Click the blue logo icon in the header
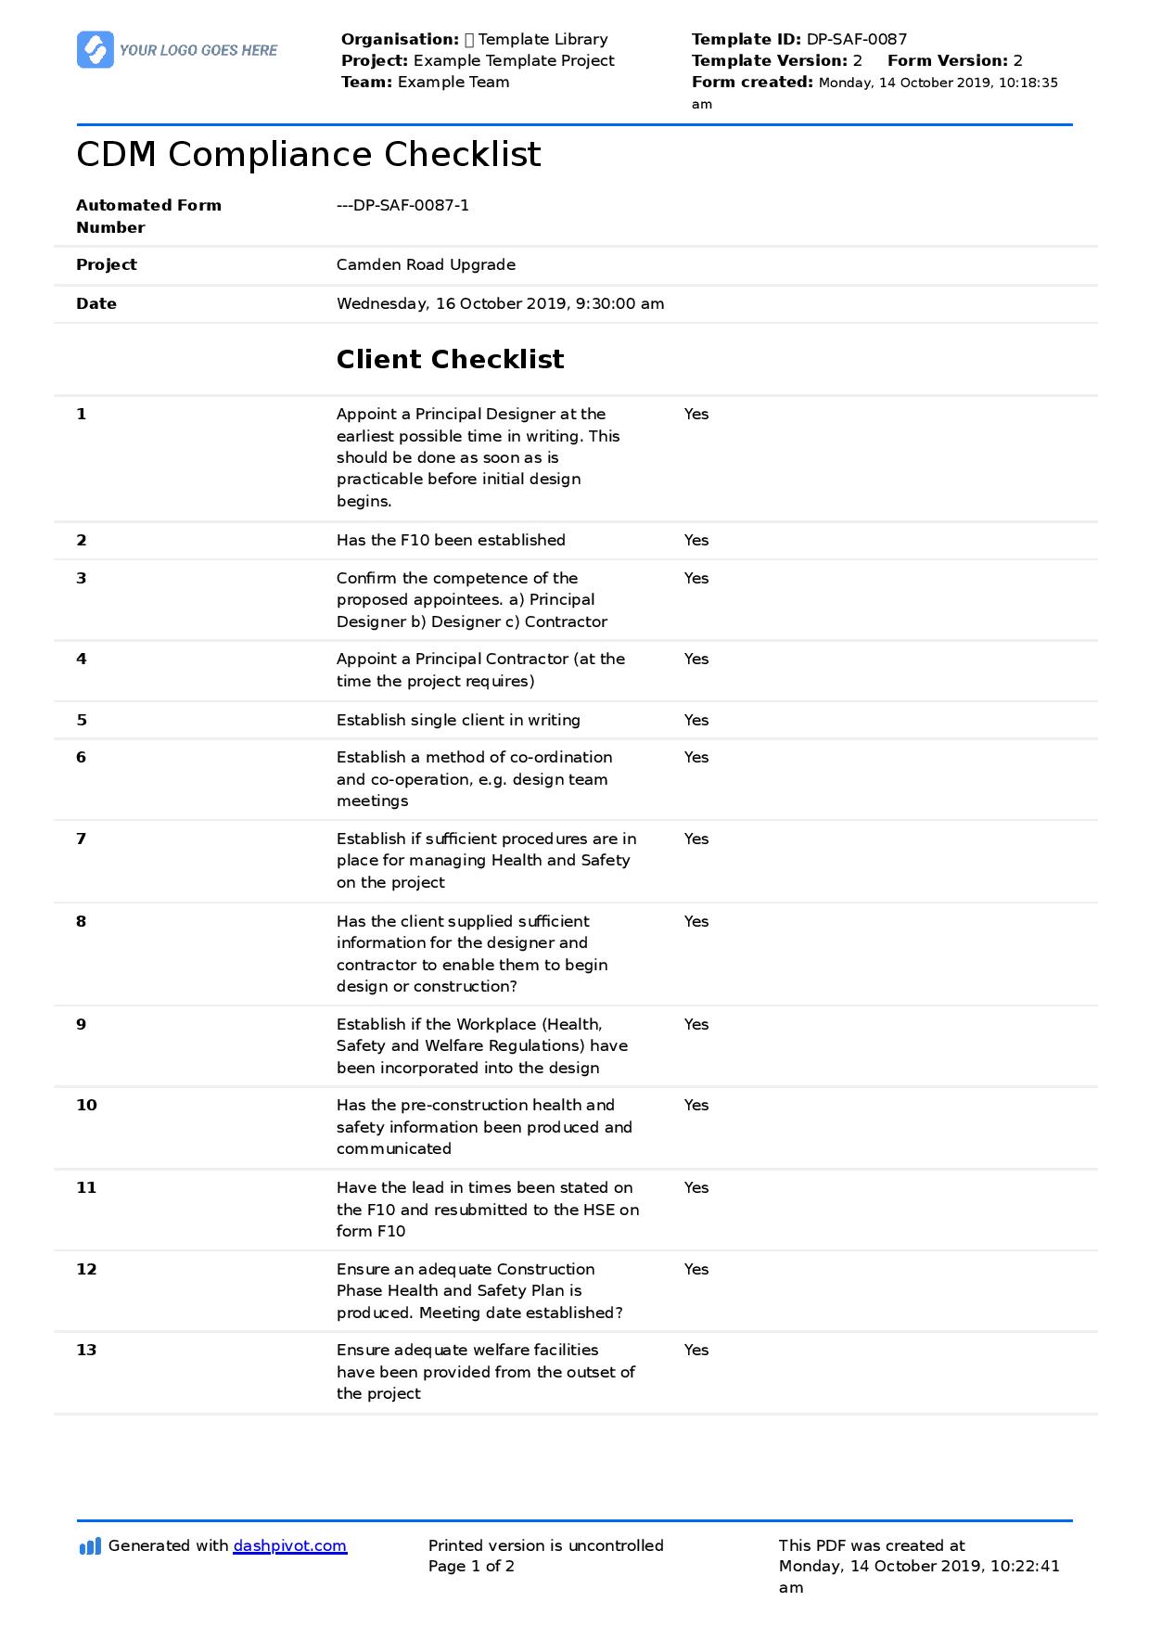(96, 50)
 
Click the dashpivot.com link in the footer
(289, 1545)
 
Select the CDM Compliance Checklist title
(308, 155)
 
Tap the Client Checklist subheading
(450, 360)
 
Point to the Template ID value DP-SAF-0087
(856, 39)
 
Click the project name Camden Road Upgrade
(426, 264)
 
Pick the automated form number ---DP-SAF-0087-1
(402, 205)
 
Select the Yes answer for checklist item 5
(696, 720)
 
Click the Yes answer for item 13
(696, 1350)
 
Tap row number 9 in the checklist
(82, 1024)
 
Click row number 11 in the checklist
(86, 1187)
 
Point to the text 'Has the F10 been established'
(451, 540)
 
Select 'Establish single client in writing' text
(458, 720)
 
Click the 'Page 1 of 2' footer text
(471, 1566)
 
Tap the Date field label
(96, 303)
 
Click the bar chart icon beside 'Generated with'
(90, 1546)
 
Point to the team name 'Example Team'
(453, 82)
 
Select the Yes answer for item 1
(696, 414)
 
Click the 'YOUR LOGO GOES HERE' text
(198, 50)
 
